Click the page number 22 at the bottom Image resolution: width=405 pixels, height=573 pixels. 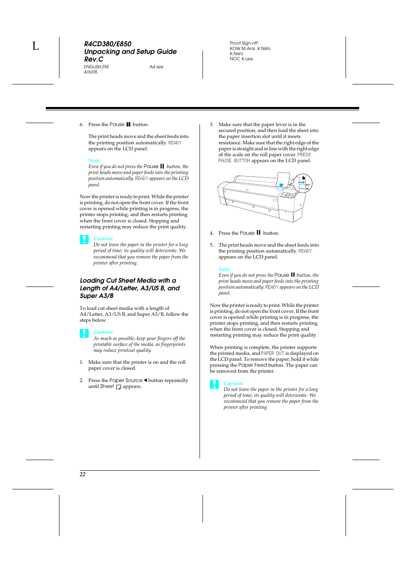tap(82, 475)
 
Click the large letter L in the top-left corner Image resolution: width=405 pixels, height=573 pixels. tap(36, 46)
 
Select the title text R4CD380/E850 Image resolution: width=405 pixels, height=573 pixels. tap(107, 44)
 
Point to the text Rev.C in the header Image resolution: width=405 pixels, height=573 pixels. tap(93, 59)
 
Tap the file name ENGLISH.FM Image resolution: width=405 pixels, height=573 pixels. tap(96, 67)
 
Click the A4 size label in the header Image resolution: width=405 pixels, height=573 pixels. tap(156, 67)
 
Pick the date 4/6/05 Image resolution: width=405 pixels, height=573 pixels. tap(90, 72)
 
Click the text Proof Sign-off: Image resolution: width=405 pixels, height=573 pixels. tap(244, 43)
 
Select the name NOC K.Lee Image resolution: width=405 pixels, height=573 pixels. tap(241, 59)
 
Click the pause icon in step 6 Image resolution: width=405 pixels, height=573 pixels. tap(128, 125)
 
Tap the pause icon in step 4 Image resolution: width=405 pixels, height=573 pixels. tap(259, 233)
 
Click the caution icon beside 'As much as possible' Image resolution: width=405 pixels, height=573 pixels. tap(84, 333)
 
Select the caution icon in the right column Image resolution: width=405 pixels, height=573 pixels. tap(214, 385)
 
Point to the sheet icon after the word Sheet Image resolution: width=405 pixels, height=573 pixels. tap(119, 387)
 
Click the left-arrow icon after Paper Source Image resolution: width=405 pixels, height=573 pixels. tap(145, 380)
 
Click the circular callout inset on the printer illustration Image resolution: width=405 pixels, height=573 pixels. tap(303, 184)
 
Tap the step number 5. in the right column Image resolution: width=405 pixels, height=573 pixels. tap(211, 245)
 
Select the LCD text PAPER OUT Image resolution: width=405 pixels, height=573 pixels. tap(272, 354)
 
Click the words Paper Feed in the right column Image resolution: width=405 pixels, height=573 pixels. tap(253, 365)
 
